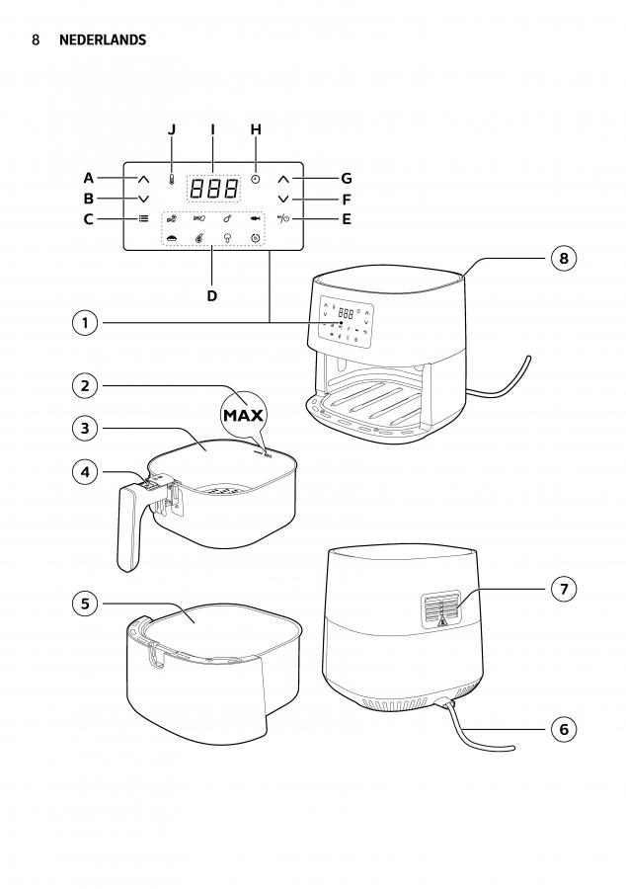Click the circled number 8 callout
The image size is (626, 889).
tap(563, 259)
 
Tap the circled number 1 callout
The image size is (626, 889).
tap(85, 323)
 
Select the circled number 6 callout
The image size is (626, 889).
tap(563, 729)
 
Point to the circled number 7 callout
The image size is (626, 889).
tap(563, 589)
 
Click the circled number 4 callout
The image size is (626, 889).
tap(85, 472)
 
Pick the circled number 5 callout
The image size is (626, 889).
tap(85, 604)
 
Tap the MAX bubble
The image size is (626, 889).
tap(243, 415)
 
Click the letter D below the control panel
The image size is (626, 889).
tap(212, 296)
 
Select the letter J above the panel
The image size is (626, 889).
tap(172, 129)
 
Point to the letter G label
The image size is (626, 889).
tap(347, 179)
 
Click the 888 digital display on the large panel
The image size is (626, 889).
tap(213, 189)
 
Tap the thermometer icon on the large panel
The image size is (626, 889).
tap(171, 180)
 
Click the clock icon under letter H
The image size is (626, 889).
tap(256, 179)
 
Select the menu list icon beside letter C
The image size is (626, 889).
tap(144, 218)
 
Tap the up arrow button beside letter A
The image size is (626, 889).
tap(143, 180)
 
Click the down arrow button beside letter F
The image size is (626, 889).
tap(283, 199)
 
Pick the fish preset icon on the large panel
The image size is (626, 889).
tap(256, 218)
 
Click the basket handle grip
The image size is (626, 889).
tap(128, 528)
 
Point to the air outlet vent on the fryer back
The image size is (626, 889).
tap(440, 609)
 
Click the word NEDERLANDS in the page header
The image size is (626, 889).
tap(103, 40)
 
